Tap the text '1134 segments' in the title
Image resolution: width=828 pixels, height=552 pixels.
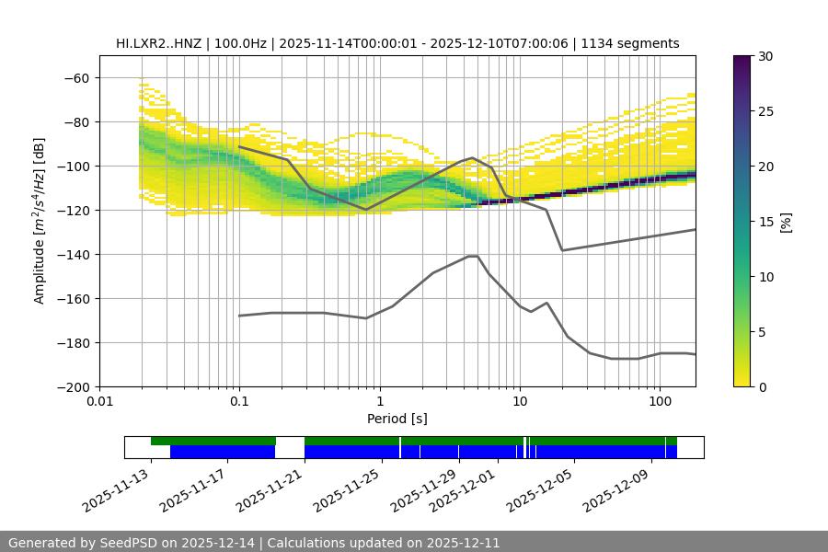[636, 43]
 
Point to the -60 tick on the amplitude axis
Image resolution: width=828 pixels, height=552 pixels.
[76, 78]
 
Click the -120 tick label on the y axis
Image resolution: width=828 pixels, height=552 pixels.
[73, 211]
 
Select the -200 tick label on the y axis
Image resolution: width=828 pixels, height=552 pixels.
[73, 387]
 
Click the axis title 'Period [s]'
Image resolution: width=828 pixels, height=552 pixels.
[397, 420]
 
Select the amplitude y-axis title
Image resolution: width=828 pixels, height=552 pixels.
[40, 221]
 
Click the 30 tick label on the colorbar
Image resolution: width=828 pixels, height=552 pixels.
[765, 56]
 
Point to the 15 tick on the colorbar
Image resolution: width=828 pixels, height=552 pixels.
[765, 222]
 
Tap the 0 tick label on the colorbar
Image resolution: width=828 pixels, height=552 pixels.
[763, 387]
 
